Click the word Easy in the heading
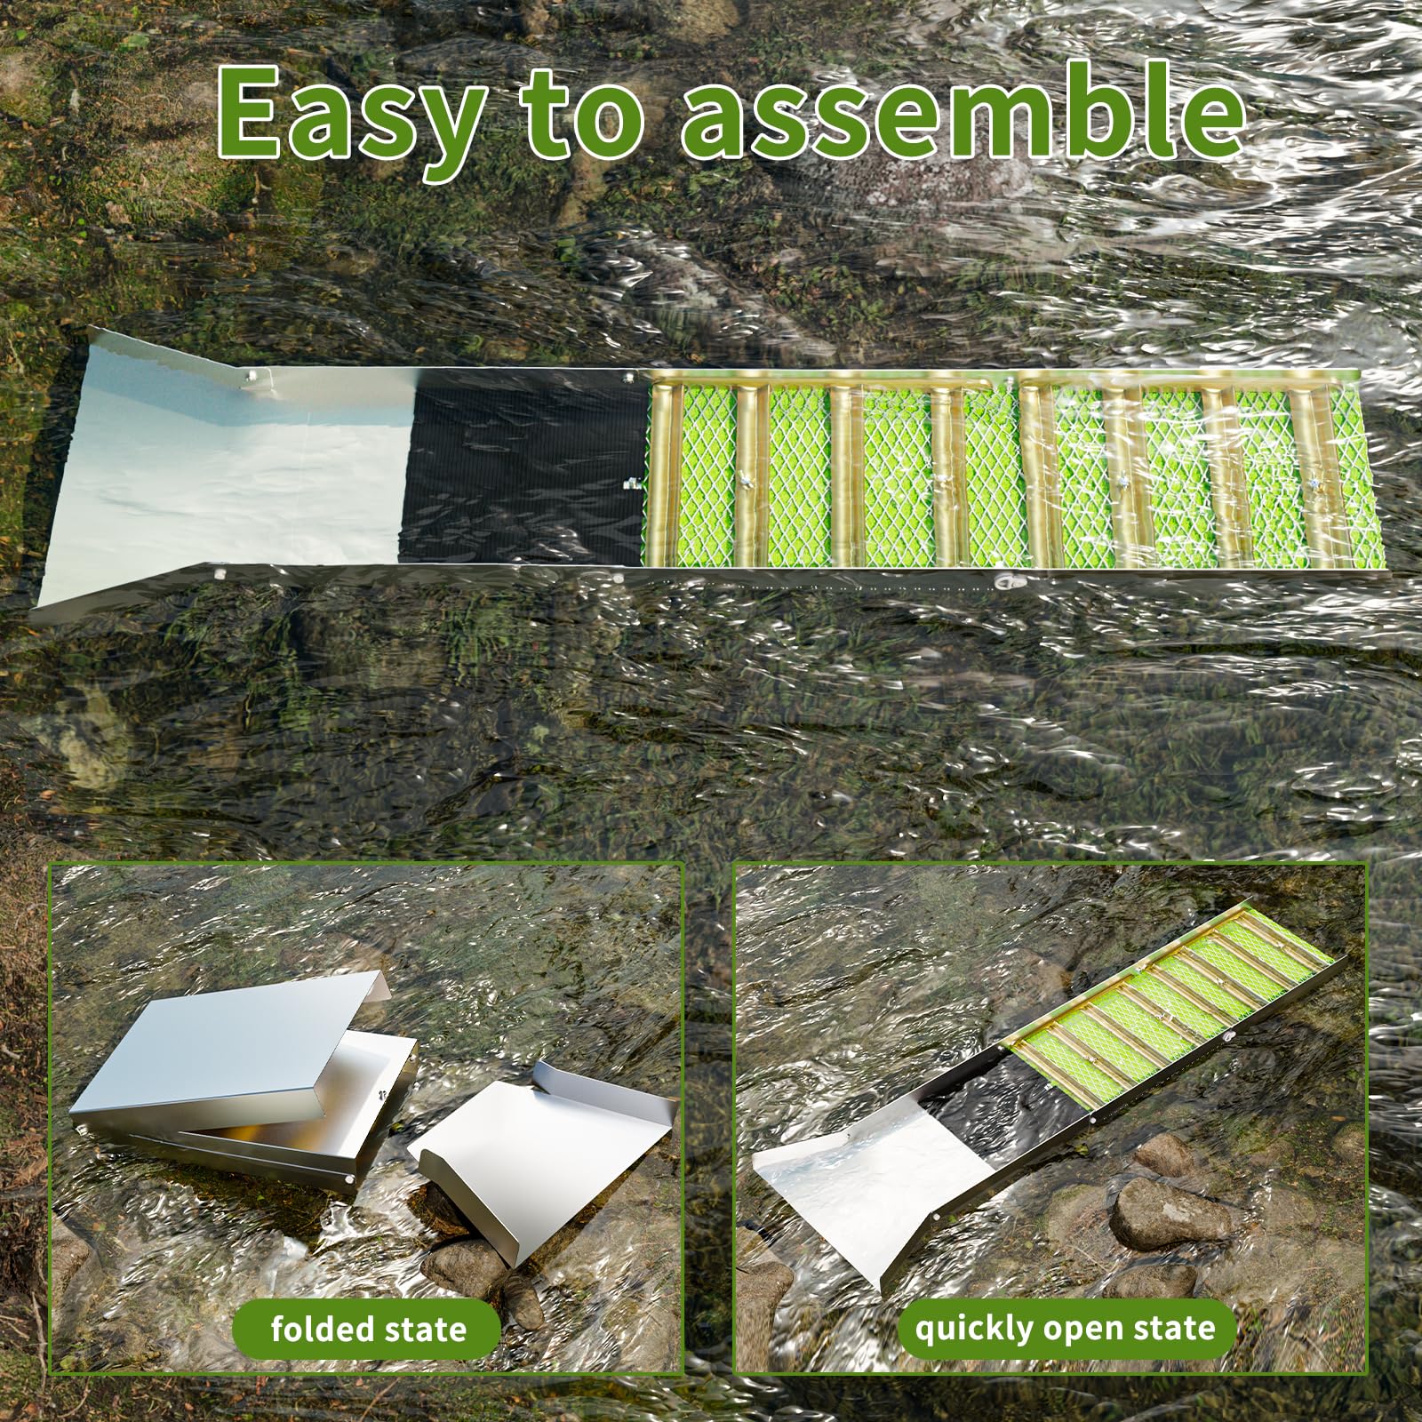[346, 119]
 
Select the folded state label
[368, 1328]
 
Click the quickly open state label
[1065, 1328]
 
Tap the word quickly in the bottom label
[972, 1330]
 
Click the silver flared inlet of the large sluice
[222, 467]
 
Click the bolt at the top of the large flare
[250, 377]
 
